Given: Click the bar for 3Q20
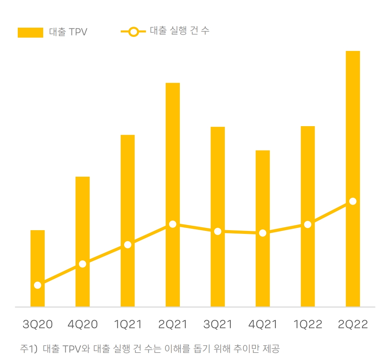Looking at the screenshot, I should tap(38, 258).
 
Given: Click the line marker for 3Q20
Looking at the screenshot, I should tap(38, 285).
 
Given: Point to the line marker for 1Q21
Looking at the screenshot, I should tap(128, 245).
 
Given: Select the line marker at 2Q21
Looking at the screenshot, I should tap(173, 224).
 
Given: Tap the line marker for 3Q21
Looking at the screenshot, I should tap(218, 231).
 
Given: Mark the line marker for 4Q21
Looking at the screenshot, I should tap(263, 233).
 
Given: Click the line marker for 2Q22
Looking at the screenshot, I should tap(353, 201).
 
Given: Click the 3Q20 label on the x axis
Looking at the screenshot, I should tap(38, 325).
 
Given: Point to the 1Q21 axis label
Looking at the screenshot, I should tap(128, 325).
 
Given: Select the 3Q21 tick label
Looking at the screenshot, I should tap(218, 325).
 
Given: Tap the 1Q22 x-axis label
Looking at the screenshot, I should tap(308, 325).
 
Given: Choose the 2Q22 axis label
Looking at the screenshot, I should tap(353, 325).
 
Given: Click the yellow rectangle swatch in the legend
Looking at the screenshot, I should tap(30, 32).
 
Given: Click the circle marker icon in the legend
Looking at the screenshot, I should tap(134, 32).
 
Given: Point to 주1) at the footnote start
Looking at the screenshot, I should tap(29, 349).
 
